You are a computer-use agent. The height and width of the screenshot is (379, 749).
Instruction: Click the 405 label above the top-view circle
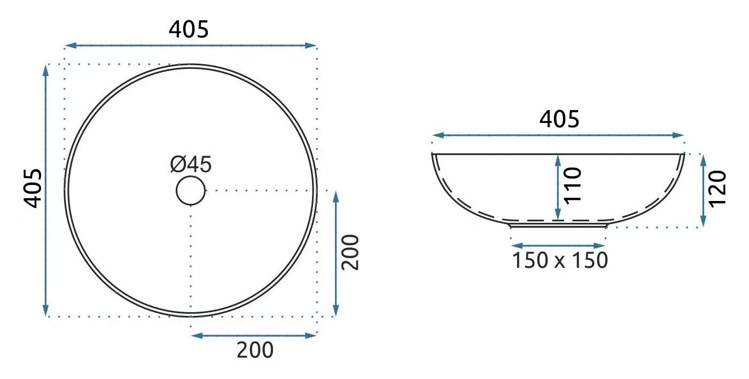pyautogui.click(x=189, y=29)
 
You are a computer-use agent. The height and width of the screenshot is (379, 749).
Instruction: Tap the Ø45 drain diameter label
pyautogui.click(x=191, y=164)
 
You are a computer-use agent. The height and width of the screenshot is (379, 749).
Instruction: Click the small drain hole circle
pyautogui.click(x=191, y=190)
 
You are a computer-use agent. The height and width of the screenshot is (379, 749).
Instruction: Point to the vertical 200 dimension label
pyautogui.click(x=350, y=252)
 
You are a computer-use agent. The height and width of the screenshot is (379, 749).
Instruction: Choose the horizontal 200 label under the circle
pyautogui.click(x=255, y=350)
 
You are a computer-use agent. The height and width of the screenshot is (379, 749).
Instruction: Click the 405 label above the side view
pyautogui.click(x=559, y=119)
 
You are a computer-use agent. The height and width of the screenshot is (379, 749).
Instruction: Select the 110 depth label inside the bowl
pyautogui.click(x=573, y=185)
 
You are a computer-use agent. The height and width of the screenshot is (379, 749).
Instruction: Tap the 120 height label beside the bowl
pyautogui.click(x=717, y=189)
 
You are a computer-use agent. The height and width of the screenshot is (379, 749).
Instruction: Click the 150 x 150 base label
pyautogui.click(x=560, y=260)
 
